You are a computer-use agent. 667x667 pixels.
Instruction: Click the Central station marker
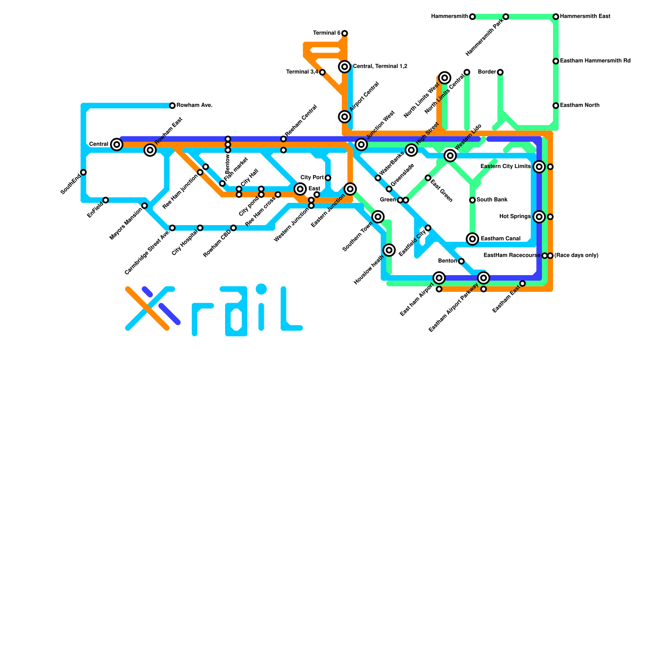117,145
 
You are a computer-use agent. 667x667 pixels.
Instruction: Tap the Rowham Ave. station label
194,105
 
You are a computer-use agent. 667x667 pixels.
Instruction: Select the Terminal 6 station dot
344,33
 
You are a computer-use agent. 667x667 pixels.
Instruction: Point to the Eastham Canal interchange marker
472,239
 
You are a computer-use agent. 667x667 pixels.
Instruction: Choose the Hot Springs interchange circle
539,217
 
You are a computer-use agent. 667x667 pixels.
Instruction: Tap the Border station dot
500,72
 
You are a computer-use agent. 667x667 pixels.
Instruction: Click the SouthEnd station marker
83,172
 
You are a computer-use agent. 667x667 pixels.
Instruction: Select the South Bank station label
492,200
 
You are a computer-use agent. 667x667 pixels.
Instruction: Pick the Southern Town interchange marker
378,217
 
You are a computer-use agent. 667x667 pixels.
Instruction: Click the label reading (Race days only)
576,256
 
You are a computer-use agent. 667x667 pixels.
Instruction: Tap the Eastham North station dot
556,105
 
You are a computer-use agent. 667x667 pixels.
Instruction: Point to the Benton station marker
461,261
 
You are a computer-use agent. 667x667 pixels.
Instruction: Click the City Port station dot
328,178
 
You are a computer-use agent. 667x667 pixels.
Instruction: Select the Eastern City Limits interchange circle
539,167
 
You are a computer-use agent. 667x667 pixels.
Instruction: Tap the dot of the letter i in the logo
261,288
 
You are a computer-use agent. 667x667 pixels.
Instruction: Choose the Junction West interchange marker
361,145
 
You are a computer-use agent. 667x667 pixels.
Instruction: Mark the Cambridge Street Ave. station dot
172,228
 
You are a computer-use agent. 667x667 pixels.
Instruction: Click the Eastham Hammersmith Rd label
595,61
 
